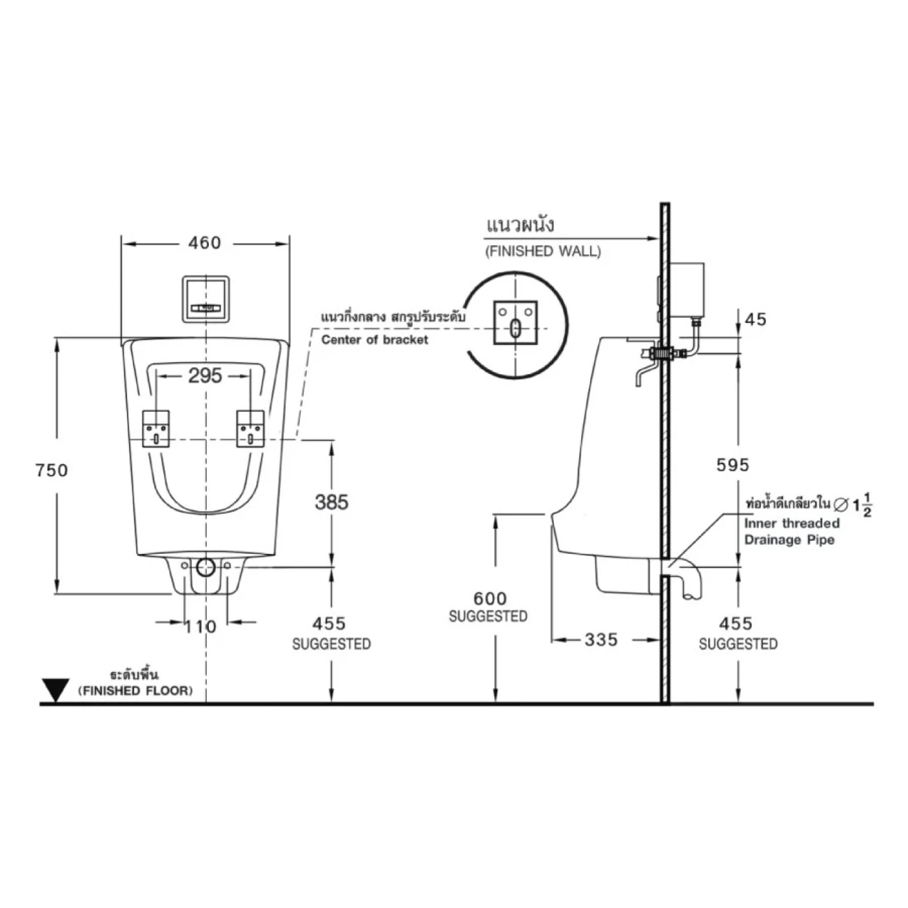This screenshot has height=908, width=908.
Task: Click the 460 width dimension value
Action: (204, 243)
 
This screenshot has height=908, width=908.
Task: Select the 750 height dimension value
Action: (51, 470)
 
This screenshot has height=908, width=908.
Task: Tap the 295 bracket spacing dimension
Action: (205, 376)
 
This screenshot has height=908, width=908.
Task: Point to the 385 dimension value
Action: (331, 501)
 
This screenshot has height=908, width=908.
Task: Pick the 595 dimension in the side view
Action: (732, 464)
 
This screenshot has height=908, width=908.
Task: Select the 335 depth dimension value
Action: (601, 639)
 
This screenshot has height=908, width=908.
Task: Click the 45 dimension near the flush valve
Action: (756, 319)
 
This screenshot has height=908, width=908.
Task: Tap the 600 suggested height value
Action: (490, 598)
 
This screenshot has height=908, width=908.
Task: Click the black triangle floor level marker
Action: (56, 689)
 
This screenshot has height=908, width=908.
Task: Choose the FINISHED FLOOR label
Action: (136, 691)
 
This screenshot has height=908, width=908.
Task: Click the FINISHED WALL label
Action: (543, 251)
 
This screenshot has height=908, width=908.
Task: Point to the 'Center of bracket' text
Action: (375, 340)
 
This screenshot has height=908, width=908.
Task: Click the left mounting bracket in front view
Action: (156, 429)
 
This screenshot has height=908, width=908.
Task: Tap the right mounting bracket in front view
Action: (250, 429)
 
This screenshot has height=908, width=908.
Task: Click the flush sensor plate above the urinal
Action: (206, 298)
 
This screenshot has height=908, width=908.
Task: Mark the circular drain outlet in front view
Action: (206, 567)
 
